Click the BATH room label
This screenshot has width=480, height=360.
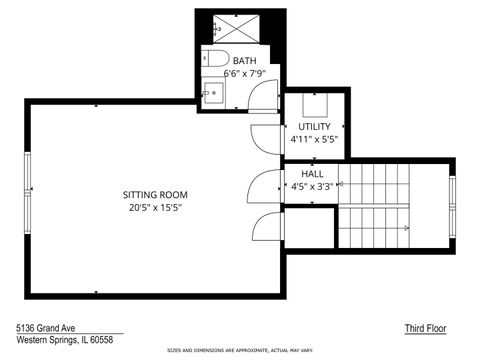[x=244, y=61]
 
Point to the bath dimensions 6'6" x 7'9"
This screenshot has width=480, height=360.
[x=244, y=73]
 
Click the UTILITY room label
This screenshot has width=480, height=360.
[x=314, y=127]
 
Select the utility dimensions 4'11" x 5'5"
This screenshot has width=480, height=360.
[x=314, y=140]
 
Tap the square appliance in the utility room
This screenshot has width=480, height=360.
[x=315, y=104]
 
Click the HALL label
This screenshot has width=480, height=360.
[x=312, y=173]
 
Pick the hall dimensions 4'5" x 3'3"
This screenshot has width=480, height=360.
[x=312, y=186]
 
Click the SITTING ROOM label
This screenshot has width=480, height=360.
[x=155, y=194]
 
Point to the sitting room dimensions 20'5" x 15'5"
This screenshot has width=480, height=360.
[x=155, y=207]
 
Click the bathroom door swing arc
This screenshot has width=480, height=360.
[x=262, y=96]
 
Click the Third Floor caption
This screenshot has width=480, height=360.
[x=424, y=328]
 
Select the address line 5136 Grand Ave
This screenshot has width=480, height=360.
[x=50, y=327]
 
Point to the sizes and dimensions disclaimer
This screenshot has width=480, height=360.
[x=240, y=351]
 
